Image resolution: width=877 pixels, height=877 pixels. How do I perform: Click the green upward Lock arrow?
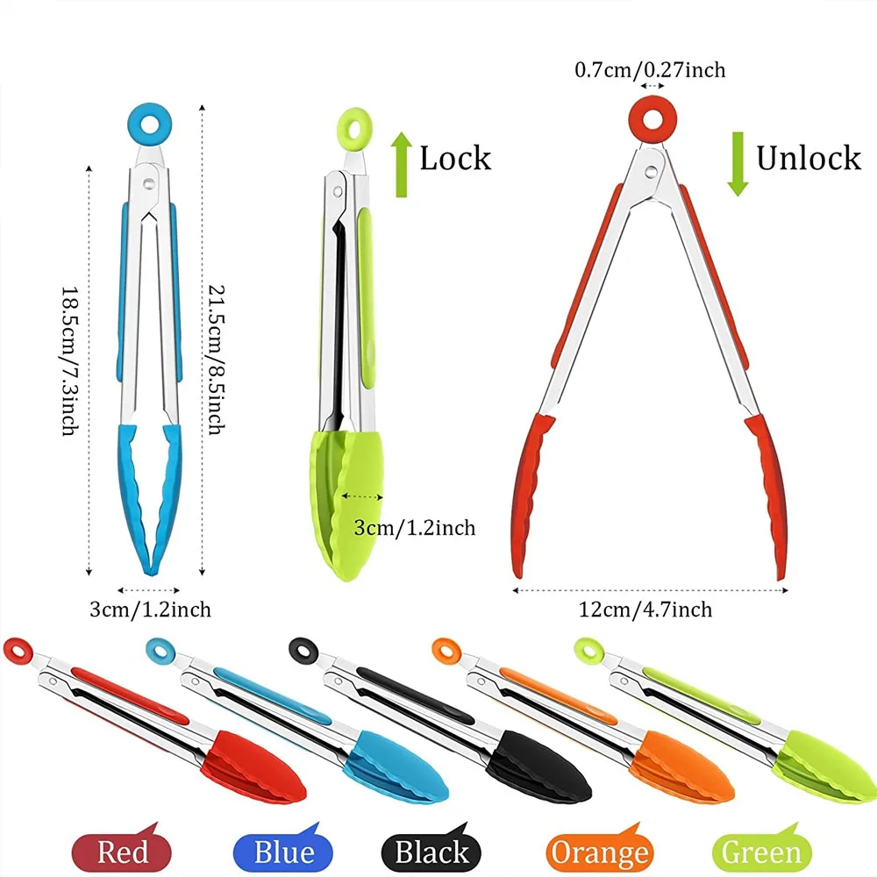click(401, 163)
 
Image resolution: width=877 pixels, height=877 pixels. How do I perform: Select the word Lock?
click(455, 159)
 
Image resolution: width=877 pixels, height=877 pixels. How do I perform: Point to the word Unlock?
click(809, 158)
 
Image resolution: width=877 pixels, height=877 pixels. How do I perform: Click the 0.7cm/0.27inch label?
click(650, 68)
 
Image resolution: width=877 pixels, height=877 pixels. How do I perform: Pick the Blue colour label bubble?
click(283, 851)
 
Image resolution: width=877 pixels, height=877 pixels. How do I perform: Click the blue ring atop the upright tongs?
click(149, 125)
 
